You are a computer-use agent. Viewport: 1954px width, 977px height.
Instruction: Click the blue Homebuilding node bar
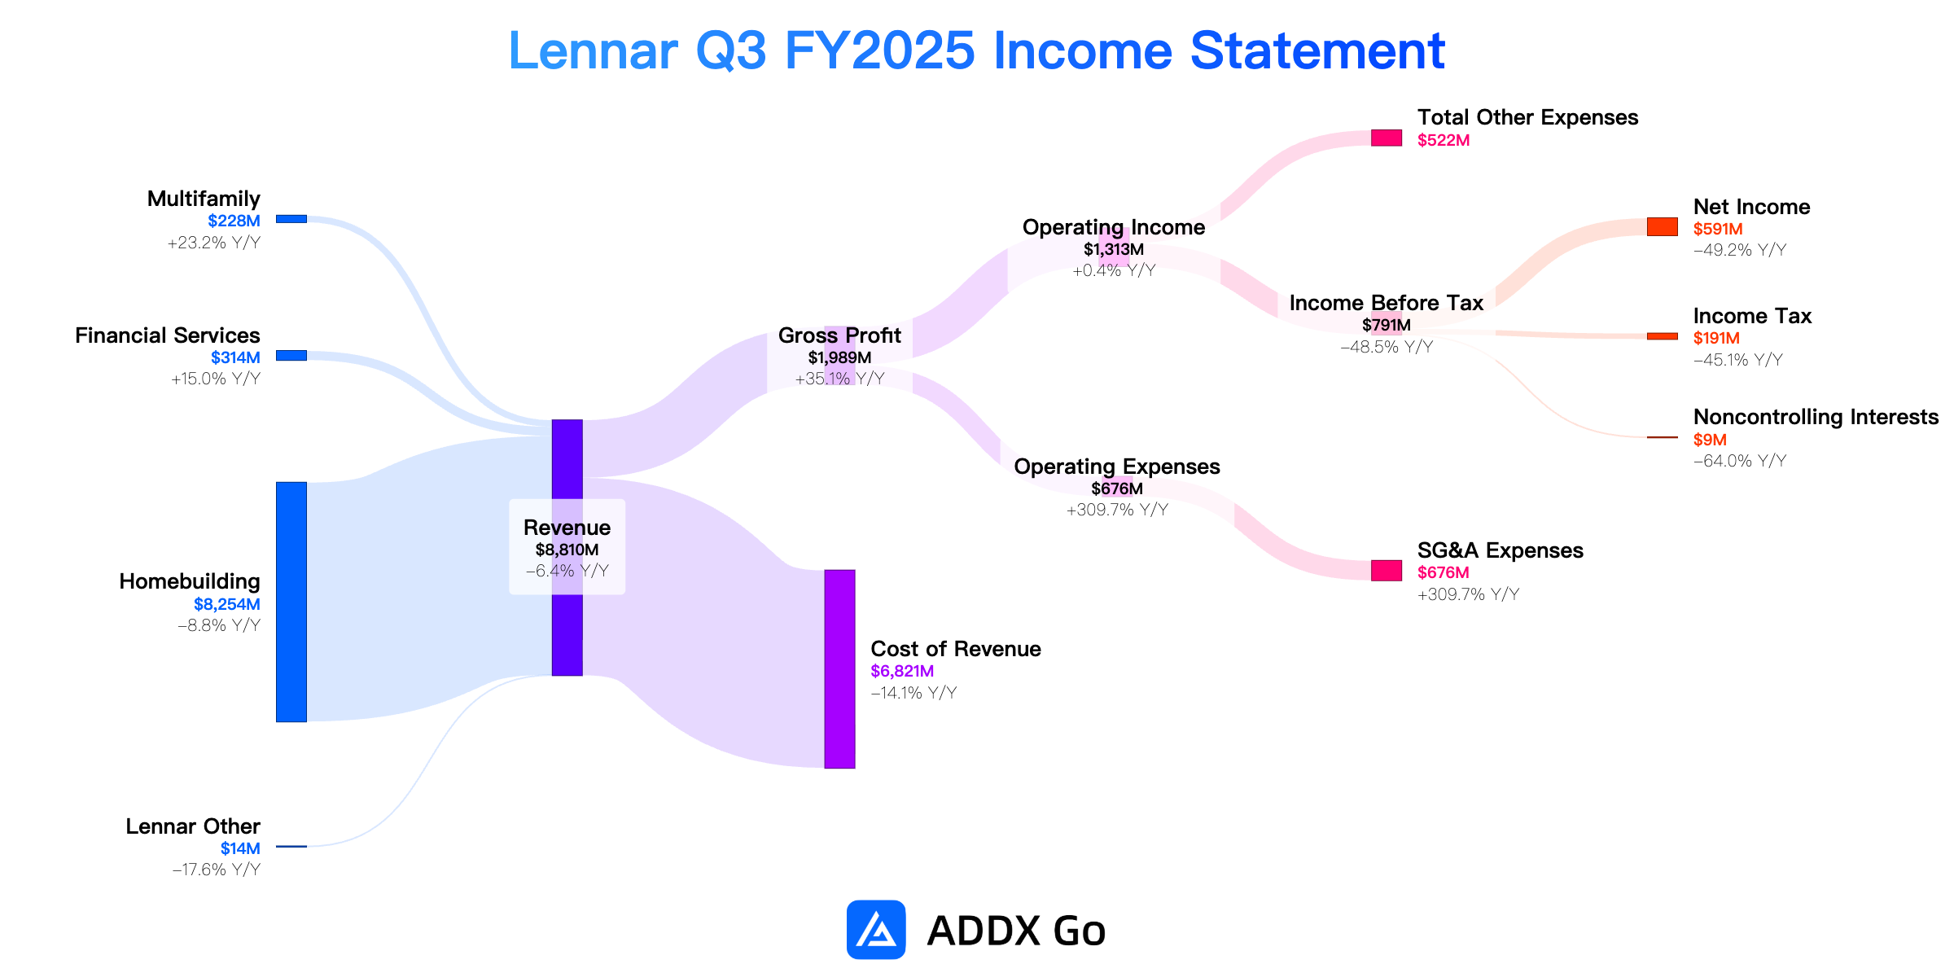pyautogui.click(x=291, y=602)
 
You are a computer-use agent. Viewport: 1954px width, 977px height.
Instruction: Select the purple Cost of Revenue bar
pyautogui.click(x=839, y=669)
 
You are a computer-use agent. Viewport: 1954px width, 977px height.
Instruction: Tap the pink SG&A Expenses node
pyautogui.click(x=1387, y=571)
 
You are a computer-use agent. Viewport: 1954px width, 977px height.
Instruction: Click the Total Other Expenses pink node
pyautogui.click(x=1387, y=138)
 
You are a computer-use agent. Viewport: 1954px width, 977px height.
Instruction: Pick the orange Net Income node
pyautogui.click(x=1663, y=227)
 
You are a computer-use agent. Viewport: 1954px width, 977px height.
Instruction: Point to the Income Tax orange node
pyautogui.click(x=1663, y=336)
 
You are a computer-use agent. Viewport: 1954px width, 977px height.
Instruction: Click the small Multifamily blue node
pyautogui.click(x=291, y=219)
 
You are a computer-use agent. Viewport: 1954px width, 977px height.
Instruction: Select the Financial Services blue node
pyautogui.click(x=291, y=356)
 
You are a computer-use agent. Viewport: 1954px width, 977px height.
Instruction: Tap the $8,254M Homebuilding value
pyautogui.click(x=227, y=604)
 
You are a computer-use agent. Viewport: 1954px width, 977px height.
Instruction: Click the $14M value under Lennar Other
pyautogui.click(x=240, y=848)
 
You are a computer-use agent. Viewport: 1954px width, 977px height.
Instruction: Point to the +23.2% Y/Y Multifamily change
pyautogui.click(x=214, y=243)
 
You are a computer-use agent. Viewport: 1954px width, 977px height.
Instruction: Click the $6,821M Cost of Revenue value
pyautogui.click(x=902, y=671)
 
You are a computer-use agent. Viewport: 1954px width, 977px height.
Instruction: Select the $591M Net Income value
pyautogui.click(x=1718, y=229)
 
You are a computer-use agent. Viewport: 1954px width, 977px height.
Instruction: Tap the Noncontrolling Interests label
pyautogui.click(x=1816, y=417)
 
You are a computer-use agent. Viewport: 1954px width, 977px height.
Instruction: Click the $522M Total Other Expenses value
pyautogui.click(x=1444, y=140)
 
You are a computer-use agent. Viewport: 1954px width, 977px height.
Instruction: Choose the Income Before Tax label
pyautogui.click(x=1387, y=303)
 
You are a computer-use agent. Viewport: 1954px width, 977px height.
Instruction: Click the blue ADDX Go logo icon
pyautogui.click(x=876, y=930)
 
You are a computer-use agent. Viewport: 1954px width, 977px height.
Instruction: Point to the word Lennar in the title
pyautogui.click(x=594, y=50)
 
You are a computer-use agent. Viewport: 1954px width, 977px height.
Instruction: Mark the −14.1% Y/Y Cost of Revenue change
pyautogui.click(x=913, y=693)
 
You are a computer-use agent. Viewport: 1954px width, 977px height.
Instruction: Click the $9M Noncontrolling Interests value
pyautogui.click(x=1710, y=440)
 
